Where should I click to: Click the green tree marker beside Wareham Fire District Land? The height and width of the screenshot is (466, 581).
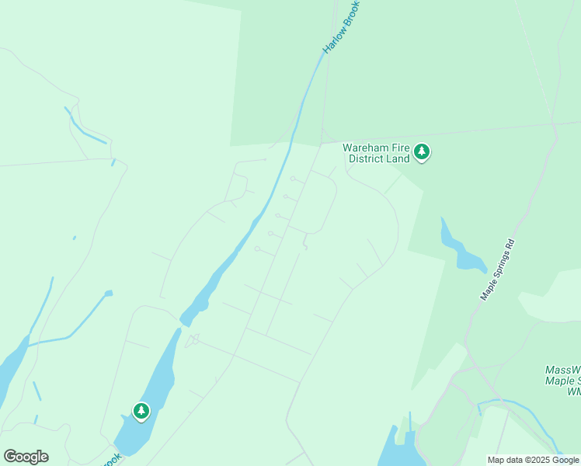tap(422, 151)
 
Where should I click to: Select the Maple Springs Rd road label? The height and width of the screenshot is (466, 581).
tap(497, 270)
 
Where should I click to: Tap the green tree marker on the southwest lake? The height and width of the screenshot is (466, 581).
tap(141, 411)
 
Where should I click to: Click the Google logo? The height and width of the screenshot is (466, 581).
tap(26, 457)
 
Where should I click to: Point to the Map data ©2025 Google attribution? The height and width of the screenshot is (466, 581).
tap(533, 460)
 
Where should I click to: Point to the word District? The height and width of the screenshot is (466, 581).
tap(367, 158)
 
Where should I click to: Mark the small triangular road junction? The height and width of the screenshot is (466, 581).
tap(193, 339)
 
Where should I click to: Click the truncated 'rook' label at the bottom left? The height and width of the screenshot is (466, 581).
tap(110, 460)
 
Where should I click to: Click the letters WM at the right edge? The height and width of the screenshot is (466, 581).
tap(574, 392)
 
